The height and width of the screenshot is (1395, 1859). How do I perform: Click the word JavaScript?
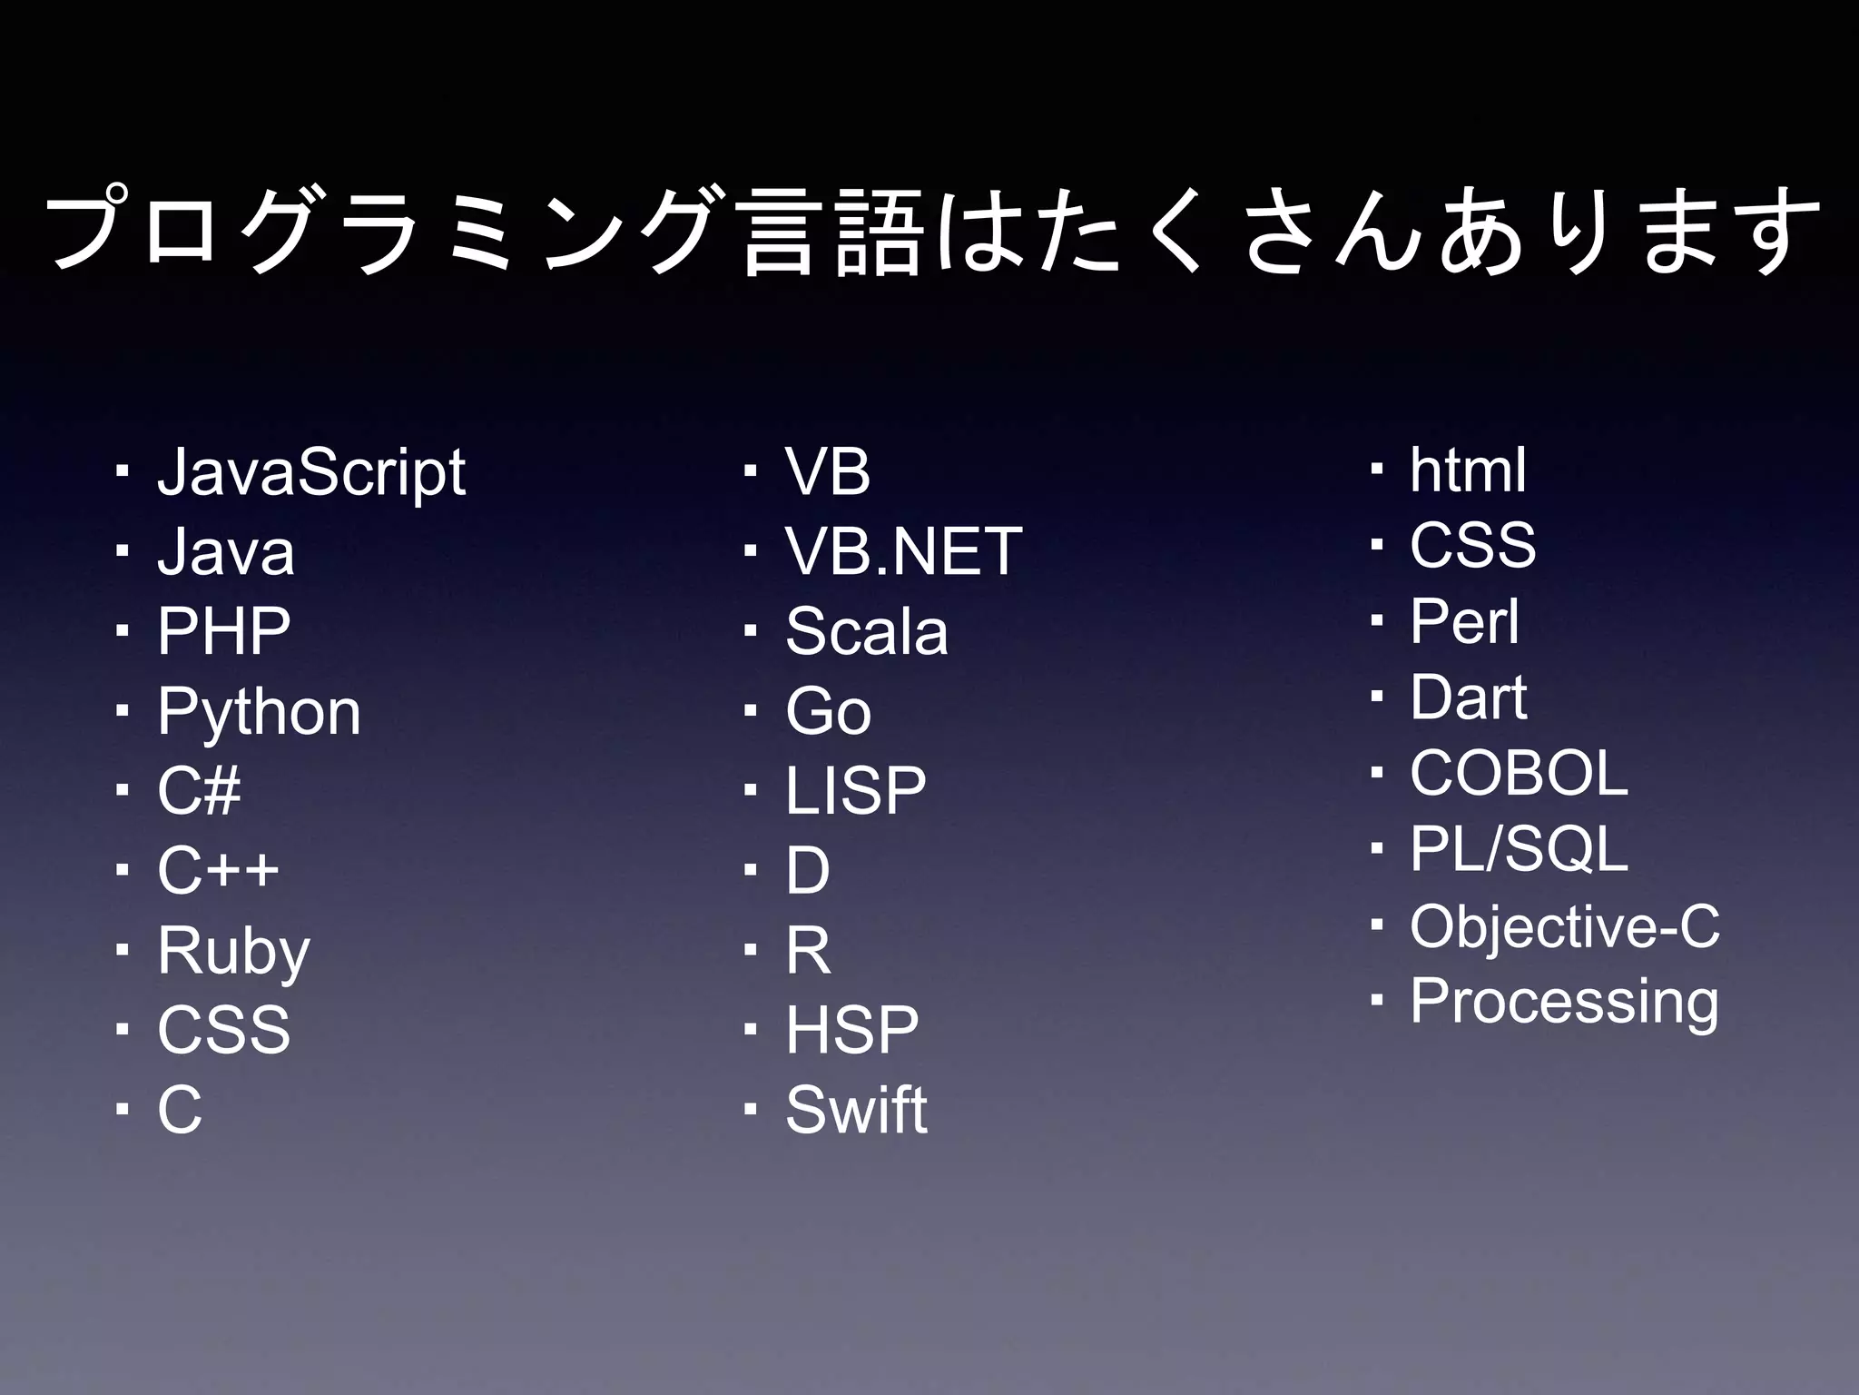pyautogui.click(x=311, y=472)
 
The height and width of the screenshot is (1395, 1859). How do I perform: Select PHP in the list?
pyautogui.click(x=223, y=631)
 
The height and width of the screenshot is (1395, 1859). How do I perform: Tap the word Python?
pyautogui.click(x=259, y=711)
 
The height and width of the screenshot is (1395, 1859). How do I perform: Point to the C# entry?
pyautogui.click(x=199, y=790)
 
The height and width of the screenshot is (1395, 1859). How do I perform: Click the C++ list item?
pyautogui.click(x=218, y=870)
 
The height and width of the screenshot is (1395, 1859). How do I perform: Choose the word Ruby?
pyautogui.click(x=233, y=951)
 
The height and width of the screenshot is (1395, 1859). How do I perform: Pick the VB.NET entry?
pyautogui.click(x=903, y=551)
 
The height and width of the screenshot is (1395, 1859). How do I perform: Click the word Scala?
pyautogui.click(x=866, y=631)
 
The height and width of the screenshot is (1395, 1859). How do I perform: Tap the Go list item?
pyautogui.click(x=828, y=711)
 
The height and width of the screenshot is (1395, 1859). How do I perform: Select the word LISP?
pyautogui.click(x=855, y=790)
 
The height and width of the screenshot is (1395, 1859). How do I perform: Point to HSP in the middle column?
pyautogui.click(x=851, y=1030)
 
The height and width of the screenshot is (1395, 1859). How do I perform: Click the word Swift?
pyautogui.click(x=856, y=1110)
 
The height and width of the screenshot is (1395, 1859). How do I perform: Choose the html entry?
pyautogui.click(x=1468, y=470)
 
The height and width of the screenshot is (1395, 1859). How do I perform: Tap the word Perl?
pyautogui.click(x=1464, y=622)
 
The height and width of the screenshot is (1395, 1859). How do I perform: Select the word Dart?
pyautogui.click(x=1468, y=697)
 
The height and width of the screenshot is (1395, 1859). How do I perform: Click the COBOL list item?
pyautogui.click(x=1519, y=774)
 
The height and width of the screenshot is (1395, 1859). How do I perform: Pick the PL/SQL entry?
pyautogui.click(x=1519, y=849)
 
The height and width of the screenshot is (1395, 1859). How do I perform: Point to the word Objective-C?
pyautogui.click(x=1564, y=926)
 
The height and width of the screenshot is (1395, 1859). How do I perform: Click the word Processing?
pyautogui.click(x=1564, y=1002)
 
